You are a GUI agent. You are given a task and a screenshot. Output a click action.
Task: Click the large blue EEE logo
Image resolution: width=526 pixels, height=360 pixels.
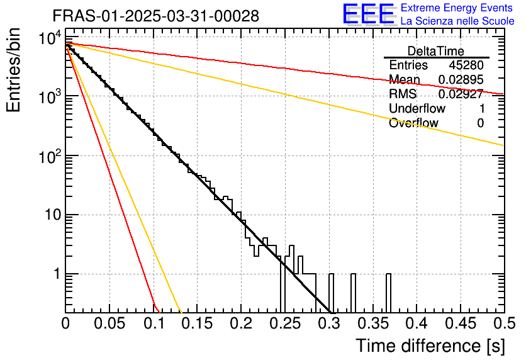[x=368, y=14]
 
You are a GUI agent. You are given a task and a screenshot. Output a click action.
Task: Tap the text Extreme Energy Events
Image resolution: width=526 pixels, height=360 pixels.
[x=457, y=8]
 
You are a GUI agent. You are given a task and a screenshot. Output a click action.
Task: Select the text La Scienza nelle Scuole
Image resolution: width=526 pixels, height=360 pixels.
[x=457, y=21]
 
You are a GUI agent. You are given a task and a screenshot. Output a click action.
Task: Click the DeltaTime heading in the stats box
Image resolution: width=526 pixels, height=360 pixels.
[x=435, y=51]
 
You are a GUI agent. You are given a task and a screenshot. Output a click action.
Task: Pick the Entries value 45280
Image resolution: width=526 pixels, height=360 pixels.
[x=466, y=65]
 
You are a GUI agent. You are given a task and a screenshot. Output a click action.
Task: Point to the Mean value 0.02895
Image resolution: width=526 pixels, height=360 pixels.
[x=461, y=80]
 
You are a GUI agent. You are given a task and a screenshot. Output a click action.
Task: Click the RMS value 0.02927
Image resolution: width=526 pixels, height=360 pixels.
[x=461, y=94]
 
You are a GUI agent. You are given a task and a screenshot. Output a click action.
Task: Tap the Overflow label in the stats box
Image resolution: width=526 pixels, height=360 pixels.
[x=413, y=123]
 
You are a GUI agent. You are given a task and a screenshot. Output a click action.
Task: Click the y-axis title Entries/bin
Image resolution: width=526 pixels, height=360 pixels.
[x=14, y=70]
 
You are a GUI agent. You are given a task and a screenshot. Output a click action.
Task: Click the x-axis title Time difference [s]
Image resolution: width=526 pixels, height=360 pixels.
[x=430, y=346]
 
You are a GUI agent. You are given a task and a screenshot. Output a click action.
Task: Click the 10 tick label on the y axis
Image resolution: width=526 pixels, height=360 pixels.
[x=48, y=215]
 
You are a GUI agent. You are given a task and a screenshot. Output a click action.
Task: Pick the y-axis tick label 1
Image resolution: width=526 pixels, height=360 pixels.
[x=54, y=274]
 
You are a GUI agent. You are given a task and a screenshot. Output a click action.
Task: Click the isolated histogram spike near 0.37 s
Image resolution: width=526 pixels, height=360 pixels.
[x=388, y=293]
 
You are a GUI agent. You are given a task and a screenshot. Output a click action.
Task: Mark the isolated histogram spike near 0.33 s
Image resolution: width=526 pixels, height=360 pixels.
[x=353, y=293]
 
